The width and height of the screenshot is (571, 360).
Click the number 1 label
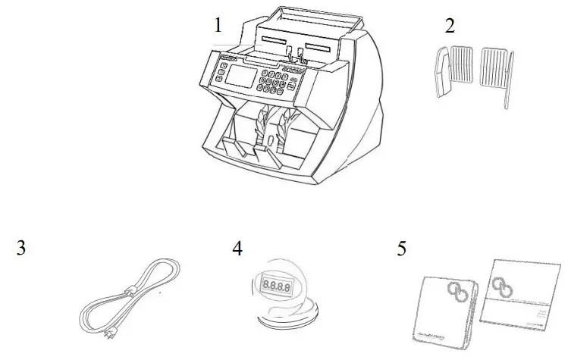pos(218,25)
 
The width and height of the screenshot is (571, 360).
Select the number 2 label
pos(450,25)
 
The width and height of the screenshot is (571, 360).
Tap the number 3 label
pos(22,248)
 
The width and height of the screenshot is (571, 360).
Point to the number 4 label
pos(237,248)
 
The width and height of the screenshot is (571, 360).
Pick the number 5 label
pos(402,248)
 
